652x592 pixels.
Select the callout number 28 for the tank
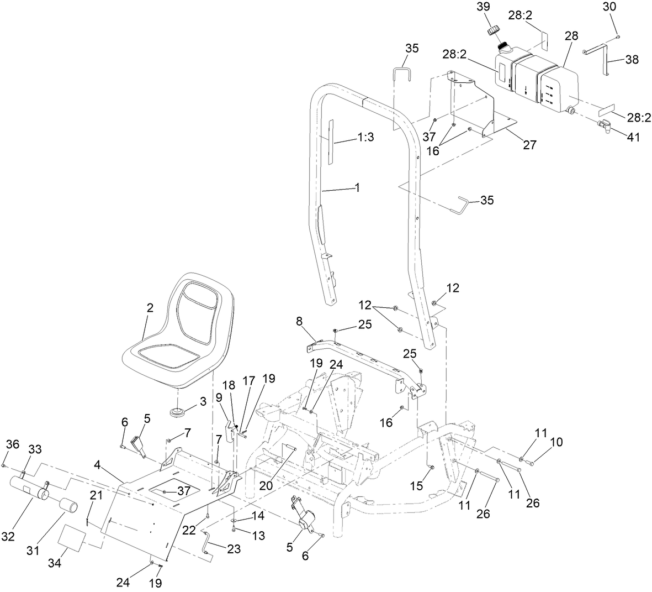[x=571, y=36]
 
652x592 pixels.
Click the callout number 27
[x=529, y=145]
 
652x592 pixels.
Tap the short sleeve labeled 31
[x=68, y=506]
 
